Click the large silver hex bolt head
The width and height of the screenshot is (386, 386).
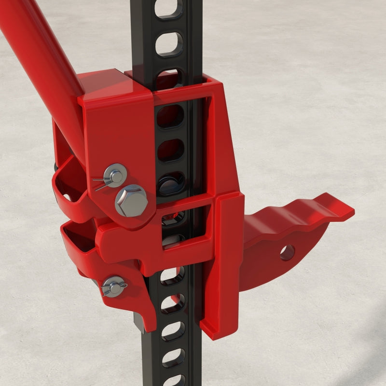click(x=131, y=200)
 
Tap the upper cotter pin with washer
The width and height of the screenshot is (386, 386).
click(x=114, y=176)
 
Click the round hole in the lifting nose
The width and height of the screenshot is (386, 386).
click(x=287, y=252)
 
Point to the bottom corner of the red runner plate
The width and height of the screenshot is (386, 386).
click(x=212, y=333)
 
